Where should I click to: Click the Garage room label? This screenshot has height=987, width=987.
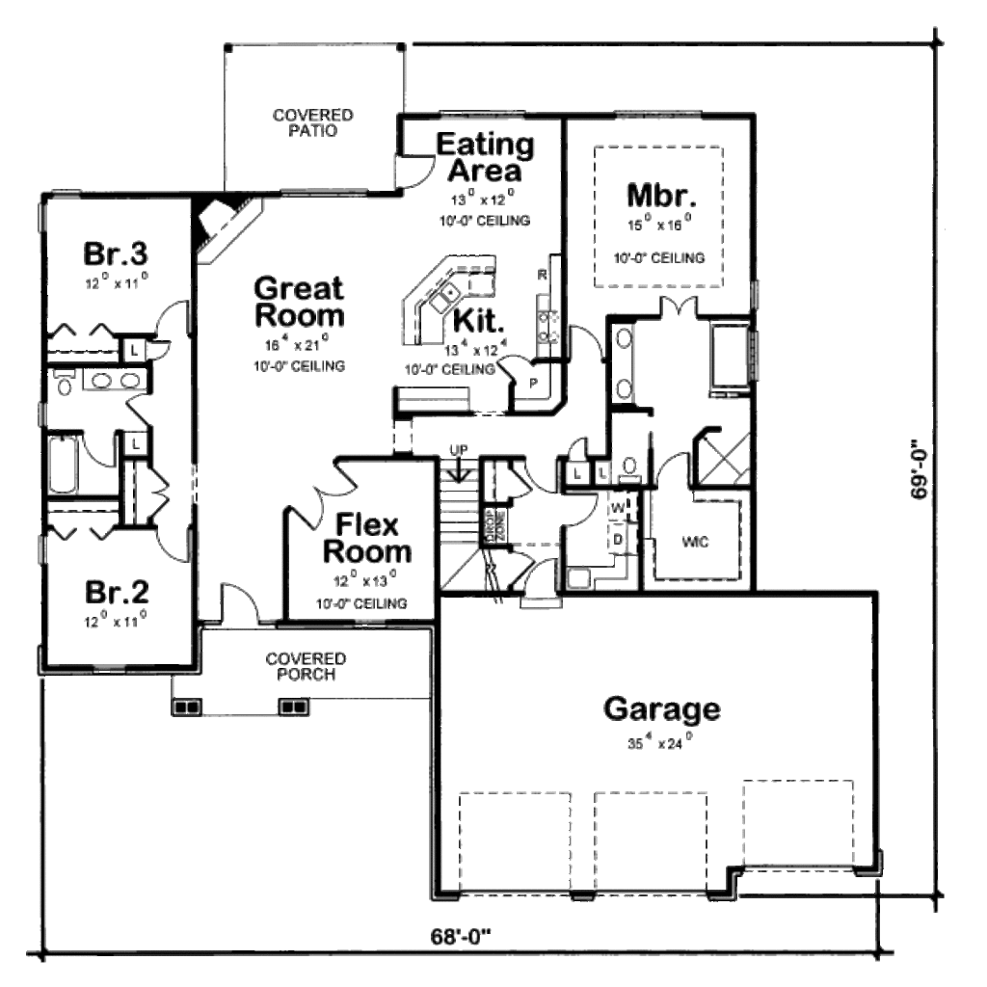click(661, 709)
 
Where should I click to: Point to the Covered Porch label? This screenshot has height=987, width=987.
click(307, 666)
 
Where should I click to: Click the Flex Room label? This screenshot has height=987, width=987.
click(366, 539)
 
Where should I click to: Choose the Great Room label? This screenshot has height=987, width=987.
click(299, 302)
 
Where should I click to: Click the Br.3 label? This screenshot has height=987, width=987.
click(115, 254)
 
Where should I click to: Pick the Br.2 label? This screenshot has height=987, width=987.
click(115, 590)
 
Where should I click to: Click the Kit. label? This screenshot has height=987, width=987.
click(477, 320)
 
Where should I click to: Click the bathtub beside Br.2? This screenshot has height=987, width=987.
click(68, 466)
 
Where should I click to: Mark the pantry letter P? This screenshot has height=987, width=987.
click(532, 383)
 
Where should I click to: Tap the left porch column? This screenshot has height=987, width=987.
click(186, 707)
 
